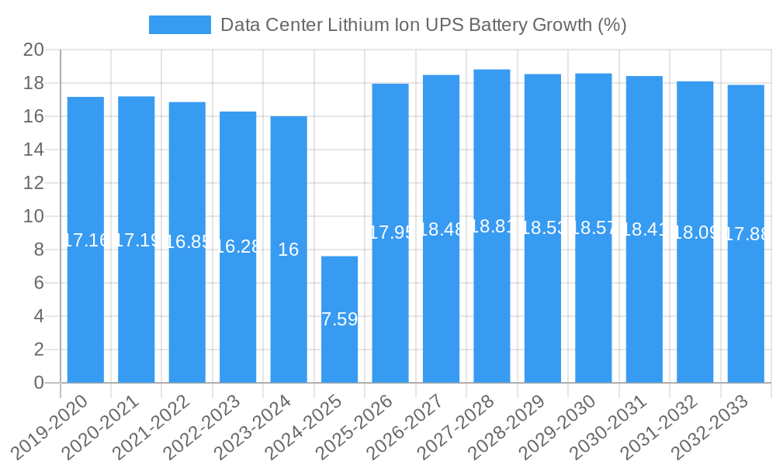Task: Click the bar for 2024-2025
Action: click(x=339, y=349)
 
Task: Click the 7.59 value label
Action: click(x=339, y=319)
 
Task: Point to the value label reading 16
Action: click(x=289, y=250)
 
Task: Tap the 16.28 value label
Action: click(x=237, y=246)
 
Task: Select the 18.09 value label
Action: click(x=695, y=232)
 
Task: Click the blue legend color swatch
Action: click(x=180, y=25)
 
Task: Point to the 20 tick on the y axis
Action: click(x=33, y=50)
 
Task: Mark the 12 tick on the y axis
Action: click(x=33, y=184)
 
